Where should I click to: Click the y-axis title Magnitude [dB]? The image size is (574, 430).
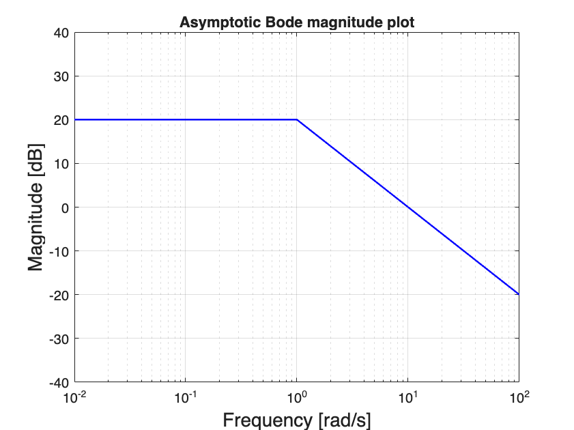tap(36, 207)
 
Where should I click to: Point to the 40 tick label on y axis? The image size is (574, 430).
tap(61, 33)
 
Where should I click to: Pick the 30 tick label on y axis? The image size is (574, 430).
tap(61, 76)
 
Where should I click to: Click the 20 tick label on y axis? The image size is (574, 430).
tap(61, 120)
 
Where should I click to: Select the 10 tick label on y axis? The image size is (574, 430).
tap(61, 164)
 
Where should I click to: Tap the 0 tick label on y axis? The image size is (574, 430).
tap(64, 207)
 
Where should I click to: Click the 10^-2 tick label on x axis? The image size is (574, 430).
tap(74, 397)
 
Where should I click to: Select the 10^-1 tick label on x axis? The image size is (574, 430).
tap(186, 397)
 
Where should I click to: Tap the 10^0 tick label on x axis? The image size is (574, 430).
tap(297, 397)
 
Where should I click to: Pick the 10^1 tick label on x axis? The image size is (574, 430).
tap(407, 397)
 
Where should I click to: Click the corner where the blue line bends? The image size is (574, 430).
tap(297, 119)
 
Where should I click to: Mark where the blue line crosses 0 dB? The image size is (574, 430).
tap(407, 207)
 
